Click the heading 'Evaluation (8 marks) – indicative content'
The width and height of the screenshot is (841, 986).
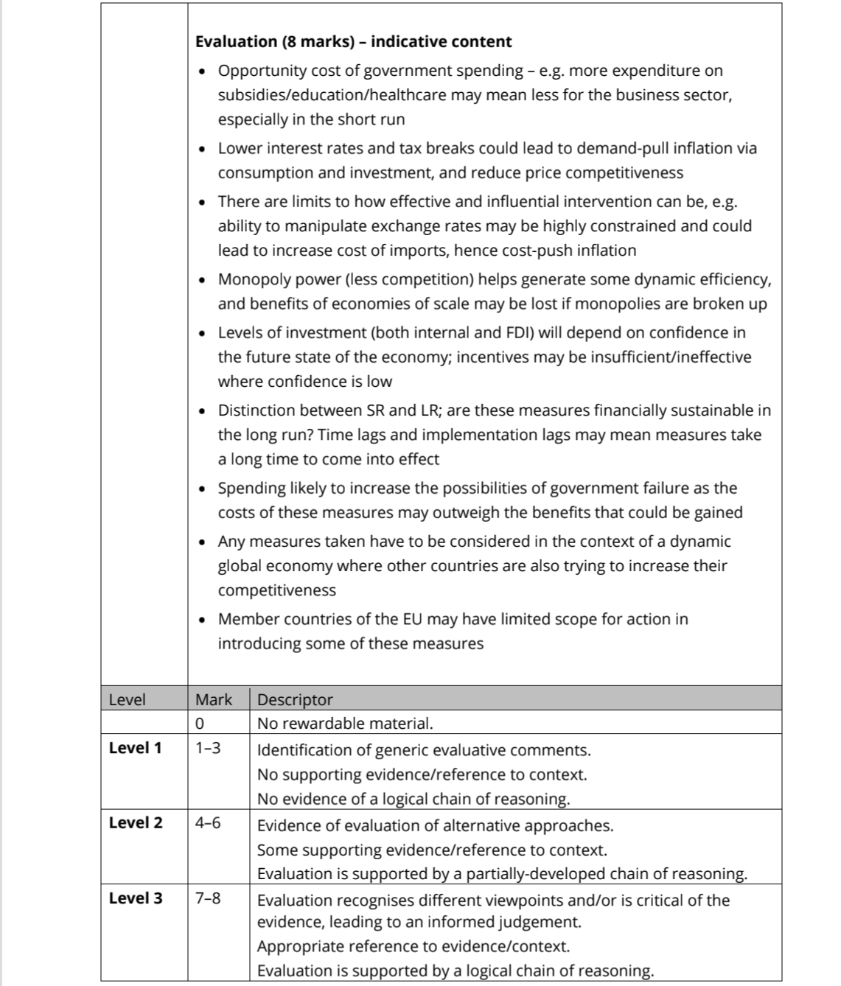(353, 41)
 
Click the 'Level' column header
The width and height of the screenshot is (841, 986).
(127, 699)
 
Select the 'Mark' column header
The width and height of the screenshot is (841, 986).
(213, 699)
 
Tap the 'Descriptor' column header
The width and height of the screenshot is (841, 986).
(295, 699)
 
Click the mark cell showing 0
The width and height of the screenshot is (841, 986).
(200, 724)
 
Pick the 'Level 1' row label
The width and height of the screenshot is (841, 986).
(135, 748)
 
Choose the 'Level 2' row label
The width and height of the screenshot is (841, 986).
(135, 823)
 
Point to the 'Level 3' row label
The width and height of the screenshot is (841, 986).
(135, 898)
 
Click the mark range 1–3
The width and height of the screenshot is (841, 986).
(207, 748)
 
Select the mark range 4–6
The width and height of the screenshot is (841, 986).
(207, 823)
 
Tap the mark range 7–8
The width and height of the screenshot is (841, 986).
(207, 898)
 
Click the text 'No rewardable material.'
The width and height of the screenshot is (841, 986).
(345, 724)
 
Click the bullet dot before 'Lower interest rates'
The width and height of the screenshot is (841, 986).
(203, 149)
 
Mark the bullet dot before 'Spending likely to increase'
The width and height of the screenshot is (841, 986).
(203, 489)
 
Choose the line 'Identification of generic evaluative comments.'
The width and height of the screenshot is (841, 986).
(424, 750)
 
